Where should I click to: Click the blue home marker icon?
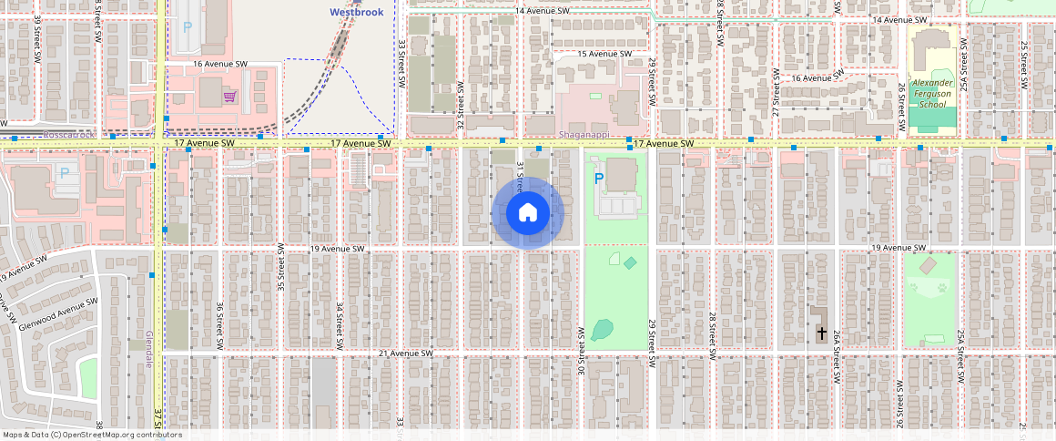[x=527, y=213]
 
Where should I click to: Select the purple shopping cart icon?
[x=229, y=97]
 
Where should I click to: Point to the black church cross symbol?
[x=820, y=334]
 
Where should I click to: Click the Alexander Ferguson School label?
[x=931, y=94]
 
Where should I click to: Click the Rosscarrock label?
[x=69, y=135]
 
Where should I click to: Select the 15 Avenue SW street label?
[x=592, y=54]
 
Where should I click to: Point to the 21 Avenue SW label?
[x=405, y=353]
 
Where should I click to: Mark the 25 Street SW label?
[x=1023, y=63]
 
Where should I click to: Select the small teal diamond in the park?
[x=631, y=262]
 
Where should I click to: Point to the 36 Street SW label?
[x=219, y=320]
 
